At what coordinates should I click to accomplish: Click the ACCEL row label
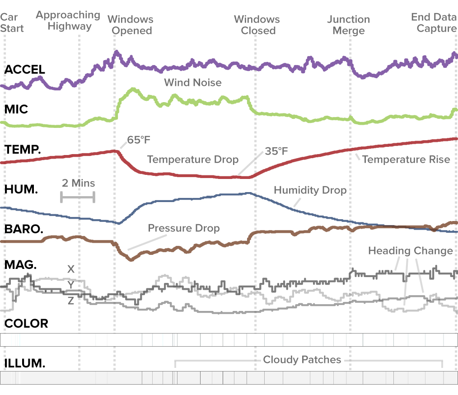pyautogui.click(x=24, y=70)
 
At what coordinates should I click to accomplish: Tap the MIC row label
pyautogui.click(x=16, y=109)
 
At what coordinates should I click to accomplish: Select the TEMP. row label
pyautogui.click(x=23, y=149)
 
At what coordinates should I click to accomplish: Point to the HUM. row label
pyautogui.click(x=21, y=189)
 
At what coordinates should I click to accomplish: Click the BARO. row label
pyautogui.click(x=23, y=229)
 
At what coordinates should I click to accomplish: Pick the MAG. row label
pyautogui.click(x=20, y=264)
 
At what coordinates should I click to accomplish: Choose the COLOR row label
pyautogui.click(x=26, y=324)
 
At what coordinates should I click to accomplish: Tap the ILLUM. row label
pyautogui.click(x=24, y=363)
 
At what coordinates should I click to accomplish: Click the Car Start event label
pyautogui.click(x=12, y=23)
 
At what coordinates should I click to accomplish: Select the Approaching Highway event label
pyautogui.click(x=68, y=20)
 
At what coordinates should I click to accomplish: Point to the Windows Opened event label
pyautogui.click(x=131, y=25)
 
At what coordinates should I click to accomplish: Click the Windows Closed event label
pyautogui.click(x=257, y=25)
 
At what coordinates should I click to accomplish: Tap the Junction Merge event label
pyautogui.click(x=348, y=25)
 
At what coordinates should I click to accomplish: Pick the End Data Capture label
pyautogui.click(x=434, y=23)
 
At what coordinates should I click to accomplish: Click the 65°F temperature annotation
pyautogui.click(x=138, y=140)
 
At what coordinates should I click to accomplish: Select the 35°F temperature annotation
pyautogui.click(x=276, y=151)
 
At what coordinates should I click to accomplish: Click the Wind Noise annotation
pyautogui.click(x=193, y=82)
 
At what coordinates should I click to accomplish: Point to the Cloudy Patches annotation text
pyautogui.click(x=302, y=360)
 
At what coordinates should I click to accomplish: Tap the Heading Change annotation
pyautogui.click(x=410, y=251)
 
